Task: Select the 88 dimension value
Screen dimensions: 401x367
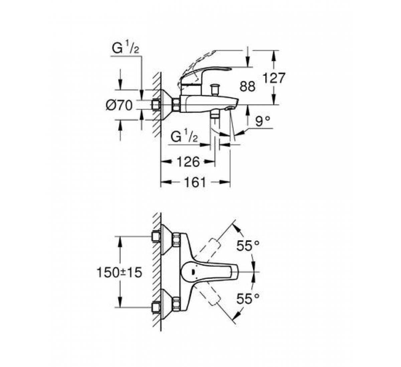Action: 248,86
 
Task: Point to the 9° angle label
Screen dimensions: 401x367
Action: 263,121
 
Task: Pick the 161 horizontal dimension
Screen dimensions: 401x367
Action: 195,182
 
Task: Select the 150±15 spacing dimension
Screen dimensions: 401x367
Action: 119,272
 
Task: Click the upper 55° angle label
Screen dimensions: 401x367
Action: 248,246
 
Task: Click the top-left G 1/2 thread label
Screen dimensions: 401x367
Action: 125,48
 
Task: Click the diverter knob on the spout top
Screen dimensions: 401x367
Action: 215,89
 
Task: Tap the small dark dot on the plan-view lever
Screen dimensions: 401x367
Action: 193,272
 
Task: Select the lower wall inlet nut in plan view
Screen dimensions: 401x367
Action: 156,308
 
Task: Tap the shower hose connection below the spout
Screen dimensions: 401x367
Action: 215,116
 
